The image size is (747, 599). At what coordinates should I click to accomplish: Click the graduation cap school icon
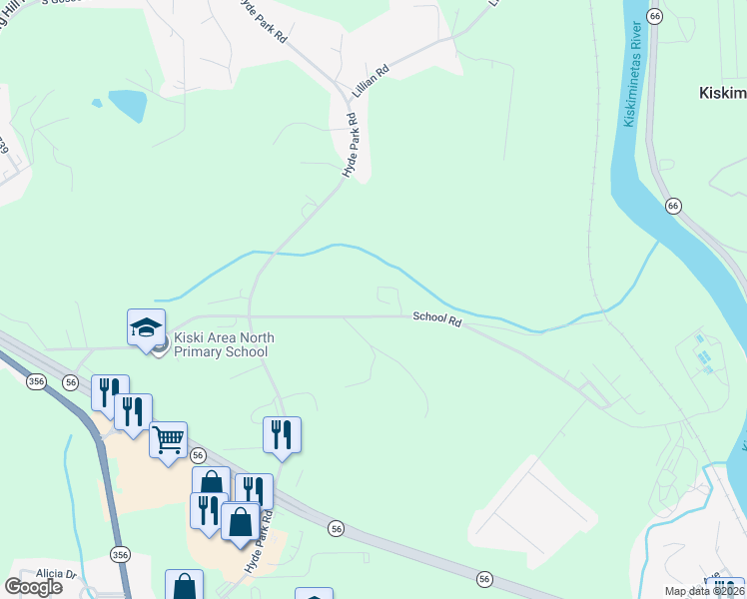coord(146,328)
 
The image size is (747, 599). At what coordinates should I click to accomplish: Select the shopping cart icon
coord(168,439)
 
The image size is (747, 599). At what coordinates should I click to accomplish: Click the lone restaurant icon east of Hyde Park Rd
coord(283,434)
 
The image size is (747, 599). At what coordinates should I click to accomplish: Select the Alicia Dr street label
coord(56,574)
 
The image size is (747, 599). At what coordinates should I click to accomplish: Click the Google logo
coord(34,586)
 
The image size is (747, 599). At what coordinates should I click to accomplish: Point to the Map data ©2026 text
coord(705,590)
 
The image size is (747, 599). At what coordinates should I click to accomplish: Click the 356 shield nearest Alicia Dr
coord(121,554)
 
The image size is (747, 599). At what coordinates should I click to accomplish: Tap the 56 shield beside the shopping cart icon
coord(196,455)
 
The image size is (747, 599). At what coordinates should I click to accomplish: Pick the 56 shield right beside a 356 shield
coord(70,382)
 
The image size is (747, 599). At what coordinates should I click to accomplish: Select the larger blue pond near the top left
coord(127,104)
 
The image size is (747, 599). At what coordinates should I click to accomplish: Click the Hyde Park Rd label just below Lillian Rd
coord(350,146)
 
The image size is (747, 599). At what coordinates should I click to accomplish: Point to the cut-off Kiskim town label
coord(721,93)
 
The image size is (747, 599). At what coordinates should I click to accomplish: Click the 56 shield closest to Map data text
coord(484,579)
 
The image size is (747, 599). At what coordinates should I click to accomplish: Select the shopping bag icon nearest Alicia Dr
coord(184,586)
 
